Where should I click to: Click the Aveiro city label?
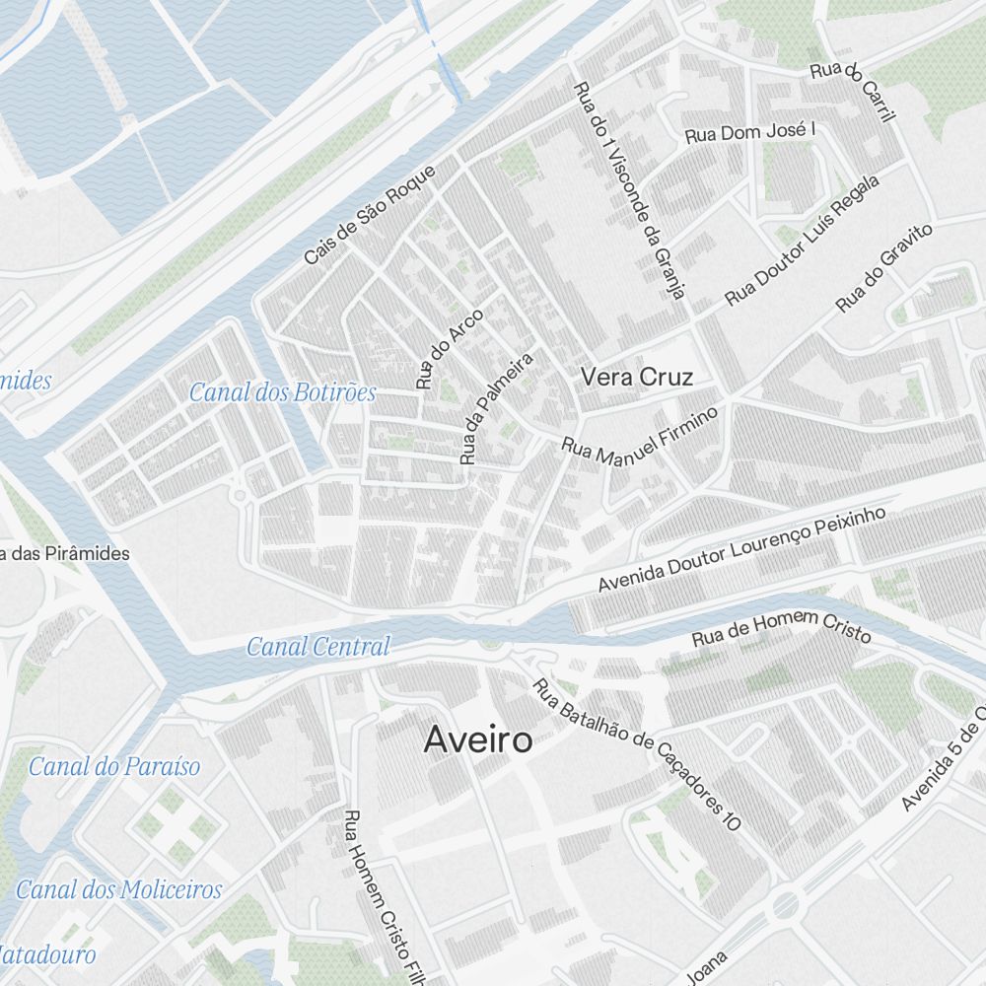pyautogui.click(x=478, y=740)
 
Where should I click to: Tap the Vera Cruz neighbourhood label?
pyautogui.click(x=637, y=377)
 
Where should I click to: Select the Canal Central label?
pyautogui.click(x=317, y=647)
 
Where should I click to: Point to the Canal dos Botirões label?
pyautogui.click(x=282, y=392)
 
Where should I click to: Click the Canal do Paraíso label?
pyautogui.click(x=114, y=766)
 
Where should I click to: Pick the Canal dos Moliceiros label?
pyautogui.click(x=119, y=889)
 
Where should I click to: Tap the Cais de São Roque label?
pyautogui.click(x=370, y=215)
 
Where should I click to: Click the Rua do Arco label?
pyautogui.click(x=450, y=348)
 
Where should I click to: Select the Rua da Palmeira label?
pyautogui.click(x=496, y=408)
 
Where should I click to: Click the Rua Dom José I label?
pyautogui.click(x=751, y=133)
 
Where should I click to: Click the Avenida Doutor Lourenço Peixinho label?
pyautogui.click(x=742, y=550)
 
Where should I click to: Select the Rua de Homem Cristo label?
pyautogui.click(x=781, y=629)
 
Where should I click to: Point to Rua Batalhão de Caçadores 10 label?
pyautogui.click(x=636, y=754)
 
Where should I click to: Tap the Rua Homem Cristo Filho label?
pyautogui.click(x=382, y=897)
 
